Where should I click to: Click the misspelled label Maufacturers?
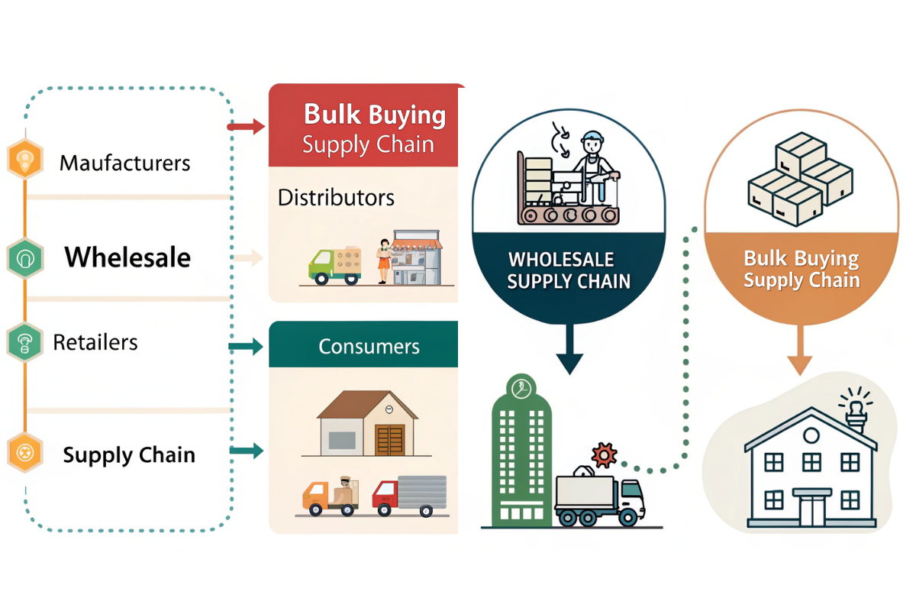coord(124,163)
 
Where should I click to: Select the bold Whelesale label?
coord(127,257)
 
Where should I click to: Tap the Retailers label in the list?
coord(95,341)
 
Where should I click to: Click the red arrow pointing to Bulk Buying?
coord(246,127)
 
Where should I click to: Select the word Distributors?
coord(336,198)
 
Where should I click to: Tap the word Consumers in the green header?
coord(369,346)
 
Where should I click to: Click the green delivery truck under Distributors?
coord(334,265)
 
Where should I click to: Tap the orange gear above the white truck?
coord(604,455)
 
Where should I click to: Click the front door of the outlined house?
coord(811,508)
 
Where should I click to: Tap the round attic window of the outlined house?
coord(811,436)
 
